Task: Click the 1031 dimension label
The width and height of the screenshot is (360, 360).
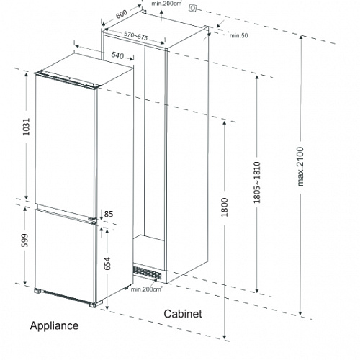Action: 26,127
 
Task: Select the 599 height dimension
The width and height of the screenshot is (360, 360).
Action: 24,240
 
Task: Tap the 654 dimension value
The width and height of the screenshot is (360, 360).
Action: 107,264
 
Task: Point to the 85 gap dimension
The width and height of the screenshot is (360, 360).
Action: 109,214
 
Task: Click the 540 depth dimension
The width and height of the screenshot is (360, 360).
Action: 117,55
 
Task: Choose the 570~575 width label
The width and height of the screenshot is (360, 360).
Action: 135,36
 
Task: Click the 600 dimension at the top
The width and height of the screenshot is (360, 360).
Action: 122,14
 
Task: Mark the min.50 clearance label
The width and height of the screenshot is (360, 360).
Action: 238,35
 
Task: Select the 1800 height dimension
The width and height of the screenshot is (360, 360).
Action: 225,207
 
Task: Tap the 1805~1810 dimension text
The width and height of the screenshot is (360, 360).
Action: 257,182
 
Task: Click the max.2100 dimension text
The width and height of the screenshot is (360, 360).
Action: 300,166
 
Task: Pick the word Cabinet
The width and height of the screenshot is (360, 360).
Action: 183,314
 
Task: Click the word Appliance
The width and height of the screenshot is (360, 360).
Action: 54,326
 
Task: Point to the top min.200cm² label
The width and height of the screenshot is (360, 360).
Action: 166,4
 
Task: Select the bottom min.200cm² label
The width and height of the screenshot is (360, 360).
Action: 146,289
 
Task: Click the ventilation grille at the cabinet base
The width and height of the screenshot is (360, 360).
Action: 147,273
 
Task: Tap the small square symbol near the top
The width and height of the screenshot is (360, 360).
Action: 192,9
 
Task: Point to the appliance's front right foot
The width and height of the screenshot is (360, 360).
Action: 93,305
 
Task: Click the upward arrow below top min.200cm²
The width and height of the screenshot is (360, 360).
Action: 161,15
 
